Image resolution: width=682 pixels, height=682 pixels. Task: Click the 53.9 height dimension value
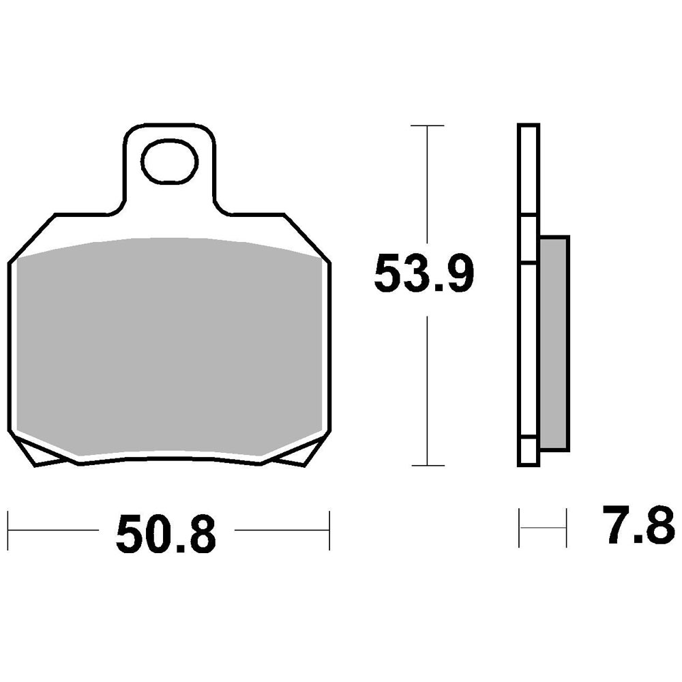424,274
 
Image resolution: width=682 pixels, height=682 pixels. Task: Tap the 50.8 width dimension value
166,535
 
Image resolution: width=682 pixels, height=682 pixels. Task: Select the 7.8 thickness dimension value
638,524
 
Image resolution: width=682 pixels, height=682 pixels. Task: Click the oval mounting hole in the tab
170,162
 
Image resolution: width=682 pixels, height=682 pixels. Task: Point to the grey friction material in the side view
554,343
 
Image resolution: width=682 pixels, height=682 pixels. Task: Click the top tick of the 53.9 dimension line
428,125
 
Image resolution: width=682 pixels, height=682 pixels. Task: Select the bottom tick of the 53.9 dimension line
428,465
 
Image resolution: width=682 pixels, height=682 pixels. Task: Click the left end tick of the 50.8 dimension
8,531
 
